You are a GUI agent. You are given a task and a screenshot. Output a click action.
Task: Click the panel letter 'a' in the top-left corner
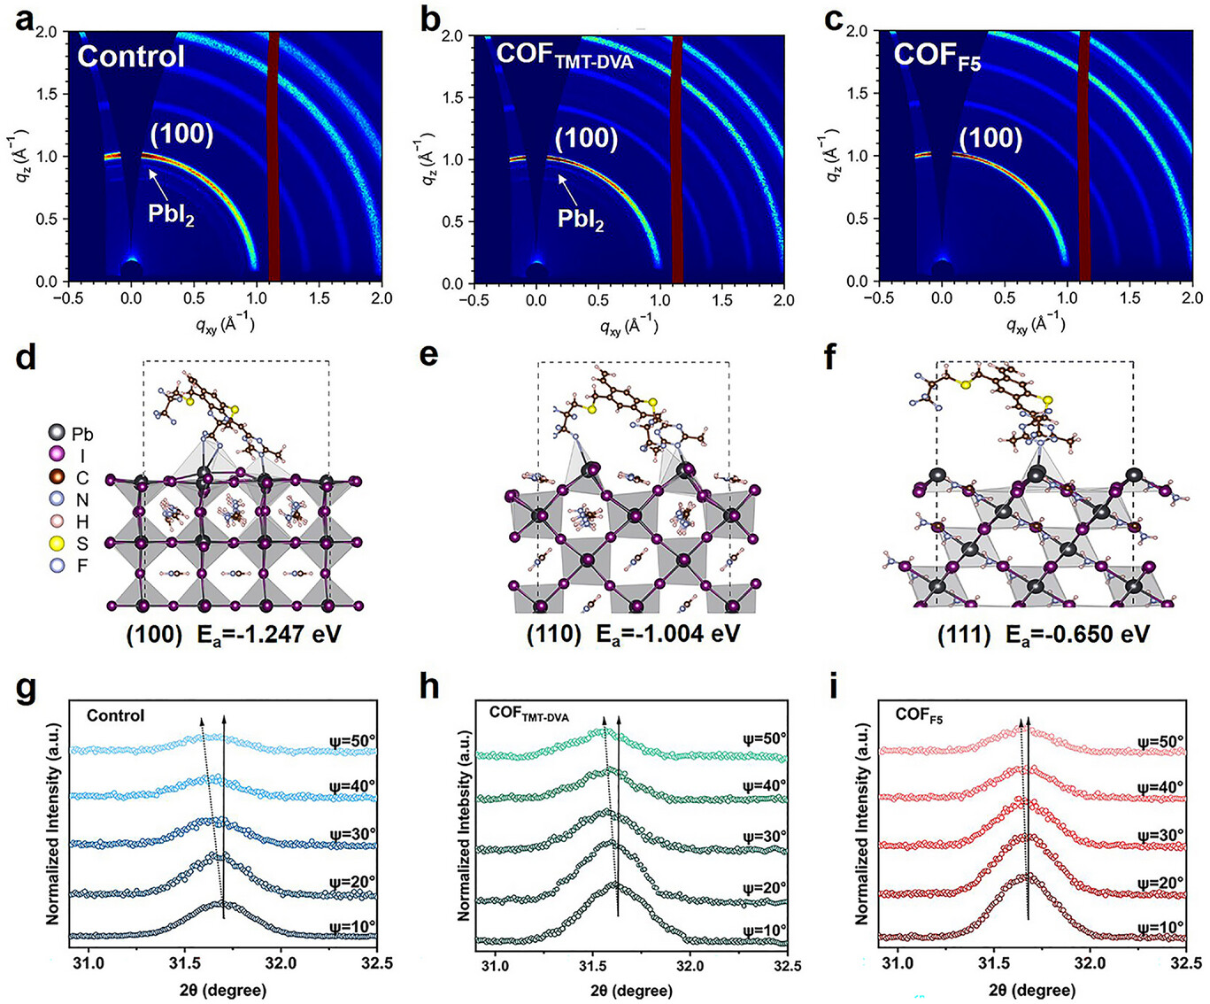tap(24, 19)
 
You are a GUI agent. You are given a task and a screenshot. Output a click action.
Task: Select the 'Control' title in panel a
tap(131, 57)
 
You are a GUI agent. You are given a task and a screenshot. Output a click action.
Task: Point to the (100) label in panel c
tap(990, 138)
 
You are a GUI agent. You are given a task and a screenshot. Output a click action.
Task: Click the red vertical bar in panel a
tap(274, 155)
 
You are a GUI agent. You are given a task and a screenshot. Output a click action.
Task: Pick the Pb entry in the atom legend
tap(72, 434)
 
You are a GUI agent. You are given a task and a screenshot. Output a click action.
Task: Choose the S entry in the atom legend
tap(72, 544)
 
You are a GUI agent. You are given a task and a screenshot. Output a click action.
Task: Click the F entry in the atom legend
tap(72, 566)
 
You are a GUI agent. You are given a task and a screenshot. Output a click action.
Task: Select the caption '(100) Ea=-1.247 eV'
tap(234, 634)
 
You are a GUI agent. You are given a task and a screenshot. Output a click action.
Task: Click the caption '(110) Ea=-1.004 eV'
tap(633, 634)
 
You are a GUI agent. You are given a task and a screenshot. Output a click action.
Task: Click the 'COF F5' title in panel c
tap(936, 56)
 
